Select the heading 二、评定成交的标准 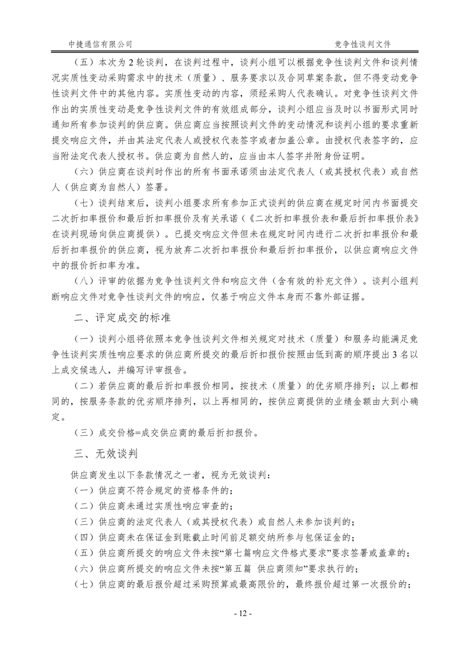pyautogui.click(x=122, y=318)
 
